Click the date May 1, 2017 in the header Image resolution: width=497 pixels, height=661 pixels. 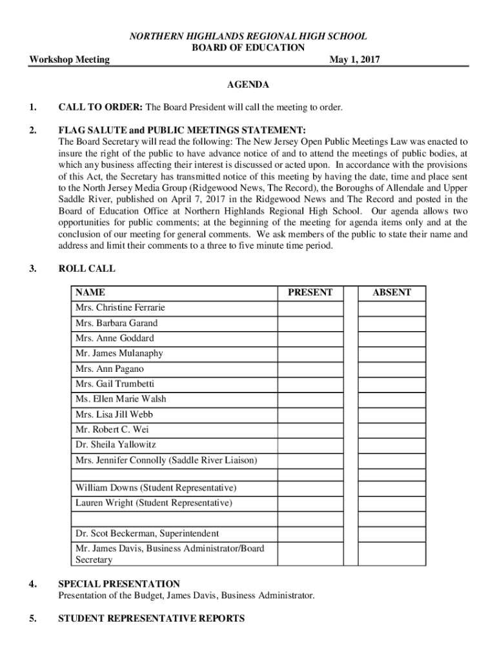pos(354,60)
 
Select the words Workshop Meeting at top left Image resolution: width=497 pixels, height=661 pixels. pos(70,60)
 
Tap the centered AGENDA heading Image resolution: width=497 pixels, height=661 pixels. pos(249,85)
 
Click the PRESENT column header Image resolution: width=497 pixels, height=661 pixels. pos(310,292)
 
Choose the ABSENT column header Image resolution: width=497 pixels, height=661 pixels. pos(391,292)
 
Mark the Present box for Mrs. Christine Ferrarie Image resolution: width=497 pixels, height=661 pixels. pos(310,308)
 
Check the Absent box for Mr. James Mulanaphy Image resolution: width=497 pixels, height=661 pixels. pos(391,354)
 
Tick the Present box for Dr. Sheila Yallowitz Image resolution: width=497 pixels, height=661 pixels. pos(310,445)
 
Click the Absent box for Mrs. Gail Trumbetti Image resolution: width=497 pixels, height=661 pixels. pos(391,384)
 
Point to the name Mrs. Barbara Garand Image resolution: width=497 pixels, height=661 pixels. pos(116,323)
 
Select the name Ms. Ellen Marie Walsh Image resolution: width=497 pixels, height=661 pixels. pos(120,399)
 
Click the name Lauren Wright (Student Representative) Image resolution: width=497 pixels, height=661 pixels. pos(153,502)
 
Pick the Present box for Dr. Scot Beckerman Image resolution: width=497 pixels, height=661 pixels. pos(310,534)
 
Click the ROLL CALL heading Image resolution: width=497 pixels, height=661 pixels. pos(86,269)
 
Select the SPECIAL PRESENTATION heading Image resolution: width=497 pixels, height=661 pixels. pos(119,584)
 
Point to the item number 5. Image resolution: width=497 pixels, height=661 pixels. pos(32,618)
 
